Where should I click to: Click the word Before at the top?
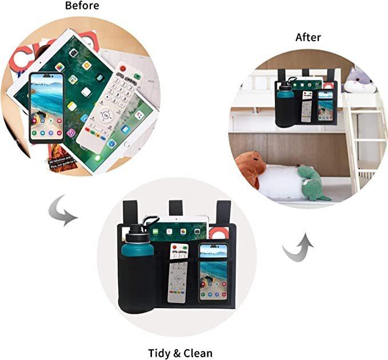pos(82,6)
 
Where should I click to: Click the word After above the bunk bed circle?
pos(308,38)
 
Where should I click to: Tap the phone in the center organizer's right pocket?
pos(213,273)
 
